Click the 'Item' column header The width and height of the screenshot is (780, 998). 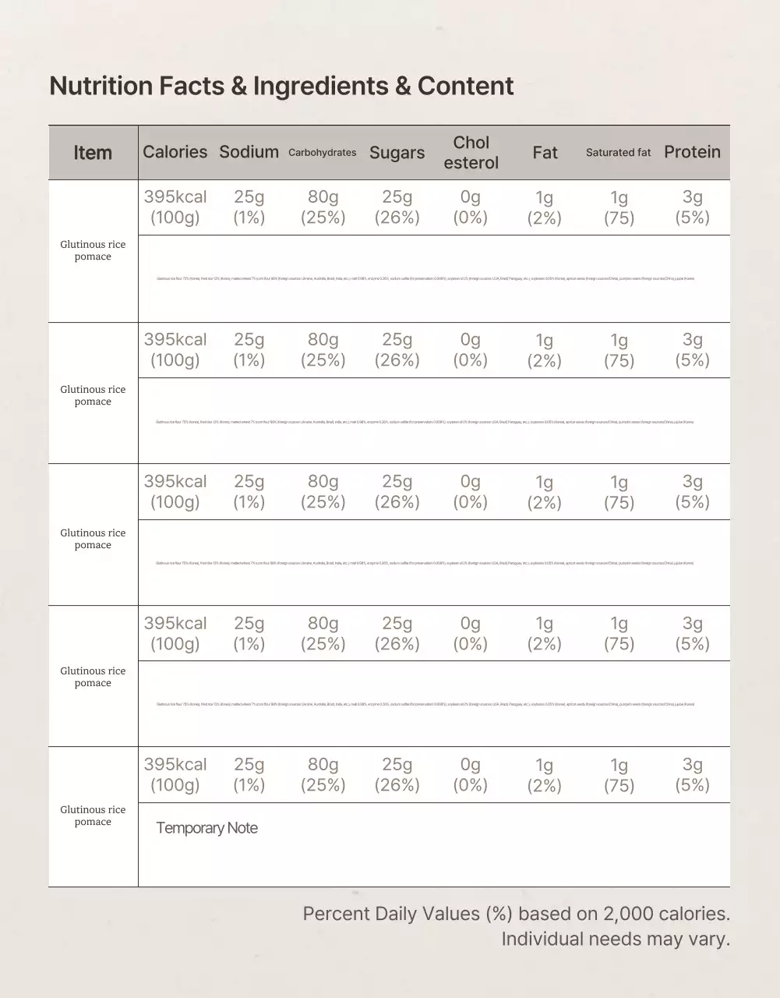pyautogui.click(x=93, y=153)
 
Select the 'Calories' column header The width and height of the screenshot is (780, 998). pyautogui.click(x=175, y=152)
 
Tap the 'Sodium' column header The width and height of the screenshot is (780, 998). pyautogui.click(x=249, y=152)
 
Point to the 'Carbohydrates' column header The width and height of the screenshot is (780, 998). pyautogui.click(x=322, y=153)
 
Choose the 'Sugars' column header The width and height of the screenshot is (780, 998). pyautogui.click(x=397, y=153)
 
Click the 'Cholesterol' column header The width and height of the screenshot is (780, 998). pyautogui.click(x=471, y=153)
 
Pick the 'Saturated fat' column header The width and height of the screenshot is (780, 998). pyautogui.click(x=618, y=153)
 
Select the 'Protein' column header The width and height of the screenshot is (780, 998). pyautogui.click(x=692, y=152)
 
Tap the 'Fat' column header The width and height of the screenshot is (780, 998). pyautogui.click(x=545, y=153)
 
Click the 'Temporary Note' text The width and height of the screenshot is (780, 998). pyautogui.click(x=206, y=828)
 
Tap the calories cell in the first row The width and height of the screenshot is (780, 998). pyautogui.click(x=175, y=207)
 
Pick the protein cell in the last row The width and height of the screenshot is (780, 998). pyautogui.click(x=692, y=775)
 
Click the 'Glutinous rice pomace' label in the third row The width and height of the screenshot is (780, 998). pyautogui.click(x=93, y=539)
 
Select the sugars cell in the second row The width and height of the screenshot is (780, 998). pyautogui.click(x=397, y=350)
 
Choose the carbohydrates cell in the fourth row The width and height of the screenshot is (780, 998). pyautogui.click(x=323, y=634)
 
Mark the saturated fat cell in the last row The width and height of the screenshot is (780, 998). pyautogui.click(x=619, y=775)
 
